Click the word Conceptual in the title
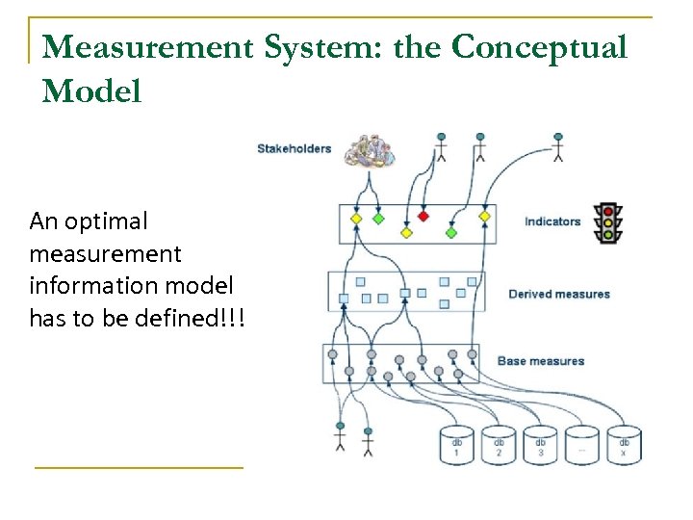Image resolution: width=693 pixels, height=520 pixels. [x=540, y=46]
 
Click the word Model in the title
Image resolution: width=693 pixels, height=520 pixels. [x=92, y=91]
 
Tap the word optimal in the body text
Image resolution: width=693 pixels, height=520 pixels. [x=107, y=221]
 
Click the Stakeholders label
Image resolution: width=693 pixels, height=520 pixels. [x=294, y=148]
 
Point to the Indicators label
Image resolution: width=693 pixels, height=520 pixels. [x=552, y=221]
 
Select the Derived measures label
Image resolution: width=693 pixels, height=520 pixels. [x=559, y=294]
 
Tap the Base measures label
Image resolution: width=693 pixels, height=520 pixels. [x=541, y=361]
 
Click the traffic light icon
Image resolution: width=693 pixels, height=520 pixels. [x=607, y=222]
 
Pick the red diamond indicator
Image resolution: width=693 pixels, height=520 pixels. [x=423, y=217]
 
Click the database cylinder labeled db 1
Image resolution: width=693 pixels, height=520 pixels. [x=457, y=445]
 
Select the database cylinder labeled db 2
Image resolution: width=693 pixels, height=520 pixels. [x=499, y=445]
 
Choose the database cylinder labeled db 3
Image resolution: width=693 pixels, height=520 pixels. [x=540, y=445]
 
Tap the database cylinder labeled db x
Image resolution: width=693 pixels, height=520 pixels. [x=624, y=445]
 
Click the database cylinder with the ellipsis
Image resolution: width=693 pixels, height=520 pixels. [x=581, y=445]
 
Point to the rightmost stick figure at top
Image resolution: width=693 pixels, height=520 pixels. [x=557, y=145]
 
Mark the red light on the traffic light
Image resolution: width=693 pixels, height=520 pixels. [x=607, y=210]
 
